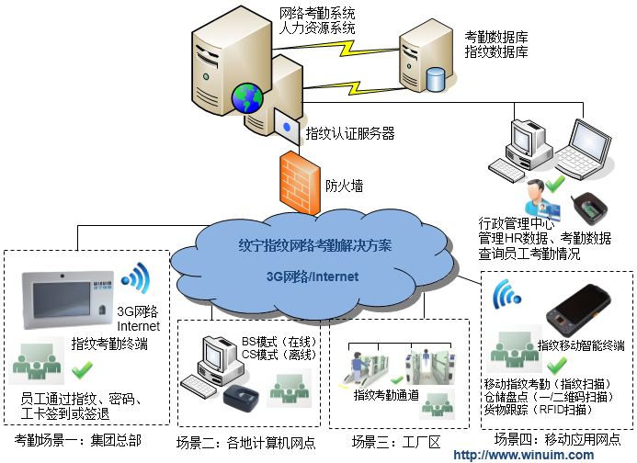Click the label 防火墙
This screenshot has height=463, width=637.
(x=344, y=186)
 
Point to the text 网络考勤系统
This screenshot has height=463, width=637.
(x=316, y=14)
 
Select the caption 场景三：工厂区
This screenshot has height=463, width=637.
(x=396, y=443)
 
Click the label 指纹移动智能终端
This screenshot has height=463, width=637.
(x=581, y=345)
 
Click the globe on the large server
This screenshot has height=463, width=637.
(x=245, y=95)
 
